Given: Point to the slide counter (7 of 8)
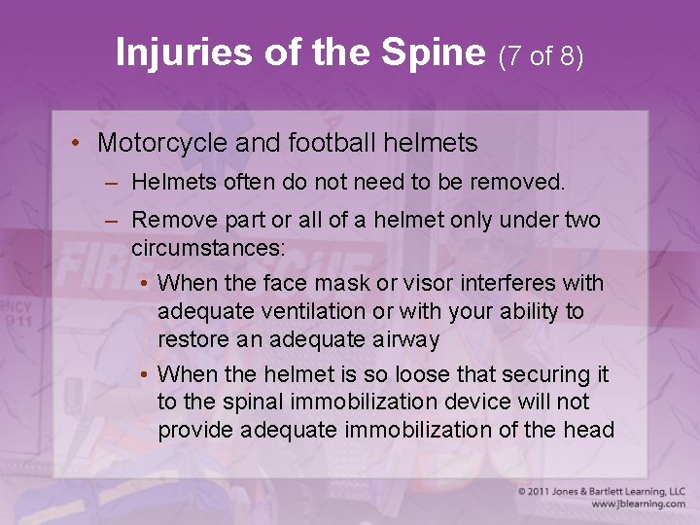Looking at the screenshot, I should (541, 56).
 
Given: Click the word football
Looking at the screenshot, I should (332, 143).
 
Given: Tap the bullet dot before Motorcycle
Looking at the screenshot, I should (76, 144).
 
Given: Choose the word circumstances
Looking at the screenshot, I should (208, 247).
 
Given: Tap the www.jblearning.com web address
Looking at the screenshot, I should (637, 505).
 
